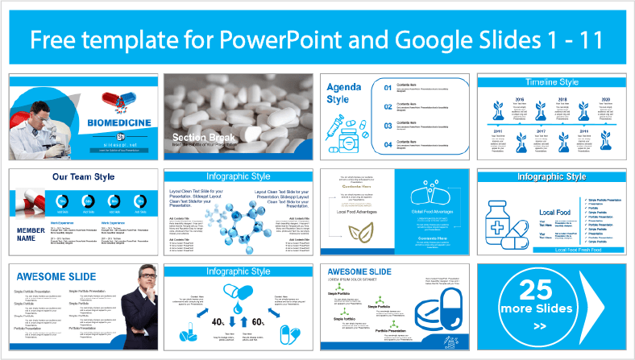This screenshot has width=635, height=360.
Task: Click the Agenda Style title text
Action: coord(338,93)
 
